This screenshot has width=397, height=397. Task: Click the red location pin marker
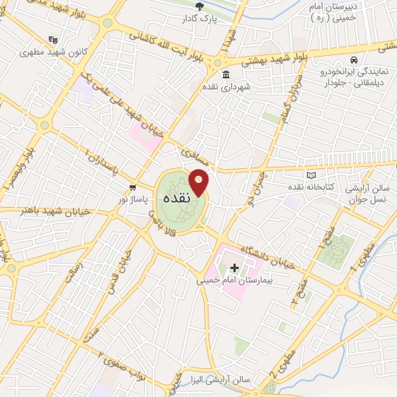click(x=199, y=181)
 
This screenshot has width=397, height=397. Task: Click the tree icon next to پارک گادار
click(x=200, y=6)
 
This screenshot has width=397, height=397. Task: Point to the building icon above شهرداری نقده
click(x=225, y=75)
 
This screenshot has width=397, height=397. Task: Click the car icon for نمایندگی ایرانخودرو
click(x=354, y=60)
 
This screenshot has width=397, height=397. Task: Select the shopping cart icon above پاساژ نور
click(x=133, y=187)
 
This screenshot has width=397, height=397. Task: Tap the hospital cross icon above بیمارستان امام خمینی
click(x=235, y=268)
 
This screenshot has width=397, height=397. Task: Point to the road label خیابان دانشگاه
click(x=268, y=257)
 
